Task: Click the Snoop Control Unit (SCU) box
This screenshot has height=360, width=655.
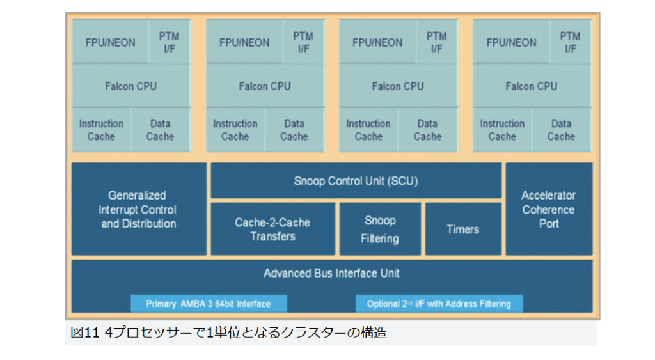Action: [x=356, y=181]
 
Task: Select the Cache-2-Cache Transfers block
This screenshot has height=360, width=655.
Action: [x=272, y=229]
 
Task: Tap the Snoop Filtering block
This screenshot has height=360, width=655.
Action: [x=380, y=229]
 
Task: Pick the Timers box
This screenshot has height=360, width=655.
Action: [x=462, y=229]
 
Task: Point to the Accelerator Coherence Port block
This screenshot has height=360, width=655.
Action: [x=549, y=209]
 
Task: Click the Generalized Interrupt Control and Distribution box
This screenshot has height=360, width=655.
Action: [x=139, y=209]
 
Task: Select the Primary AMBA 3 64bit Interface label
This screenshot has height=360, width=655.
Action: [x=209, y=304]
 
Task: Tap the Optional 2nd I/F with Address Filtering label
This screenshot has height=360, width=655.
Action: [x=439, y=304]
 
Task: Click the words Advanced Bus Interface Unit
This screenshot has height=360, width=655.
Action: [x=331, y=274]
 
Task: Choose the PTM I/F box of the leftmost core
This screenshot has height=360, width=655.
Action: [x=170, y=42]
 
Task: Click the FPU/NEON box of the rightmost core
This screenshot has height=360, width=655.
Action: [x=512, y=42]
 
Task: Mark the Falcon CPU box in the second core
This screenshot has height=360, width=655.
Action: [x=265, y=86]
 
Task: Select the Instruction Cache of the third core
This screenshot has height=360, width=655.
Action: [x=368, y=130]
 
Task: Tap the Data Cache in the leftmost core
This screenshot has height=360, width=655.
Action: [x=160, y=130]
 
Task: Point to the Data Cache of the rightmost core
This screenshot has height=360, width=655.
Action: [x=561, y=130]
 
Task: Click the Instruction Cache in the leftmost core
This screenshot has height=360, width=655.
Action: [x=102, y=130]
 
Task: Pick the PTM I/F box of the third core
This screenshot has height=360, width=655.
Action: [x=437, y=42]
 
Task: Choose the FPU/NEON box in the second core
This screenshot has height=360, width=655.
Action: [x=244, y=42]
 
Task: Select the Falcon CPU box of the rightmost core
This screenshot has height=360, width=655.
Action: [x=532, y=86]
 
